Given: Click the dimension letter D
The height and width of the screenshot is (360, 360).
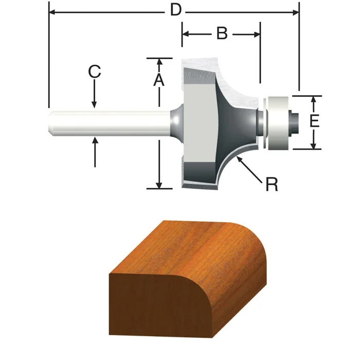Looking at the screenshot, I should click(176, 10).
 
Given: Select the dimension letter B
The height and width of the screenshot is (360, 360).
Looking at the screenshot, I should click(221, 34).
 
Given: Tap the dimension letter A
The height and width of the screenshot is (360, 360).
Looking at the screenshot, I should click(159, 80).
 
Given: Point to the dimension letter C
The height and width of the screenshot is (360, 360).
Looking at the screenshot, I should click(94, 71).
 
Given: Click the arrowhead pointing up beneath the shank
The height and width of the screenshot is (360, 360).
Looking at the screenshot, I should click(95, 142).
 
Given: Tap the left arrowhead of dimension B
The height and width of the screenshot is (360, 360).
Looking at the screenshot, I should click(186, 34).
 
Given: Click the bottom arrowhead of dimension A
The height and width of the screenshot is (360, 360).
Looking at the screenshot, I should click(159, 185).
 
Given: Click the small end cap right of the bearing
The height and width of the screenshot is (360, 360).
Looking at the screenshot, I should click(295, 122).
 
